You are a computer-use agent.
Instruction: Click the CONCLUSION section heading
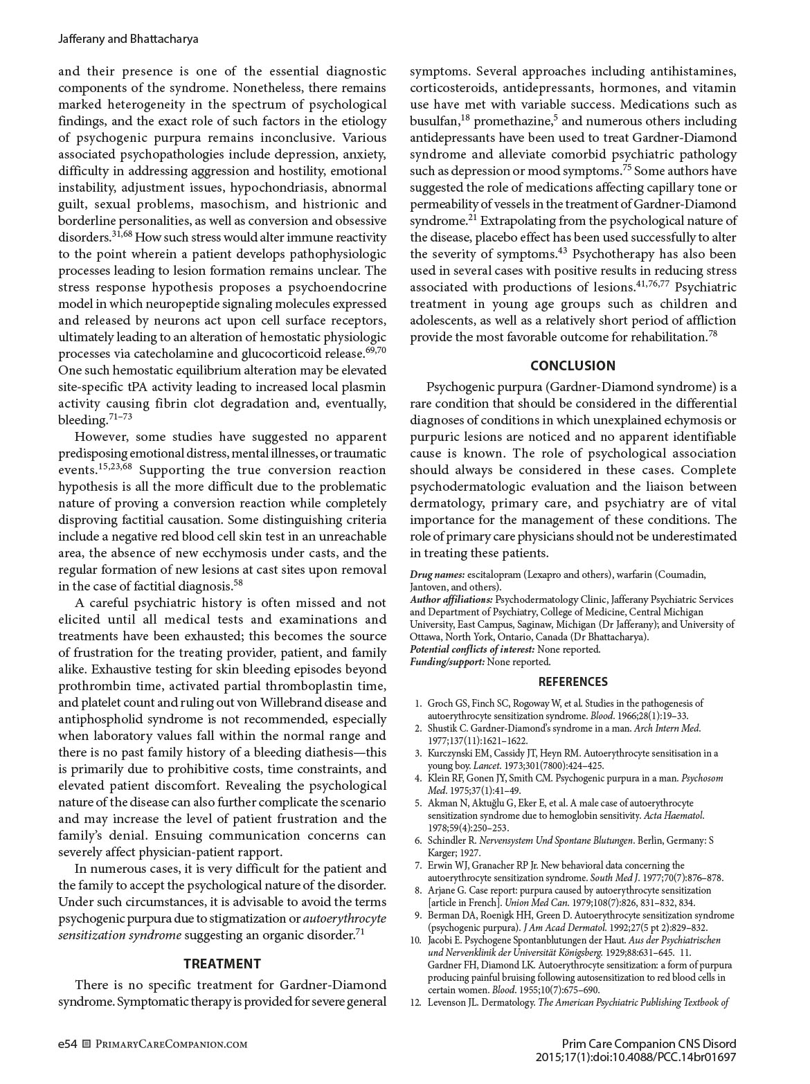573,365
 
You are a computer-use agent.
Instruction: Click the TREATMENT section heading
222,964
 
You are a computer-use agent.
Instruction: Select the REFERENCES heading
573,682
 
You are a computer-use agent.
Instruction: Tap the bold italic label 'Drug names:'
437,575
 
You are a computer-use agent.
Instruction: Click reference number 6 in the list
418,840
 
